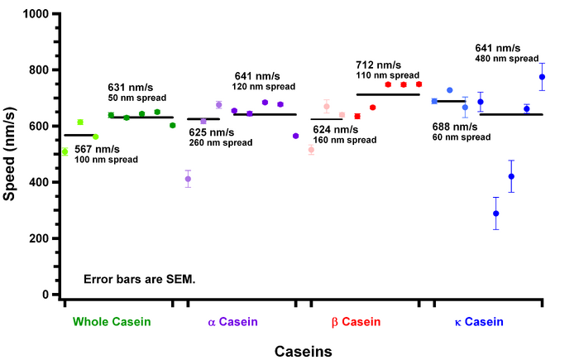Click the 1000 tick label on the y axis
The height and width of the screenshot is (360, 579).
(34, 14)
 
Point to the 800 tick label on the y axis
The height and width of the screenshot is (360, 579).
(37, 70)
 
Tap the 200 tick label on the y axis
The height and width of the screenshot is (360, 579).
(37, 238)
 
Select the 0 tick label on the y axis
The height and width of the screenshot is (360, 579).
(45, 295)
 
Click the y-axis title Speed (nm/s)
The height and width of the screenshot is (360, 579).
(11, 154)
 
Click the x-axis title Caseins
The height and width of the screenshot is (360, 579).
(303, 351)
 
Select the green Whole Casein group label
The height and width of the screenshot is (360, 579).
(112, 322)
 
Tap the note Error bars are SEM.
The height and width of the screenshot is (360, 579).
(139, 278)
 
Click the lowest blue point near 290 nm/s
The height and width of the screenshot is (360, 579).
(496, 214)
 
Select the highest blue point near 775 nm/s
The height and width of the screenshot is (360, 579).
(542, 77)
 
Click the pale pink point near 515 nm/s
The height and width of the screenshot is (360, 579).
(311, 150)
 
